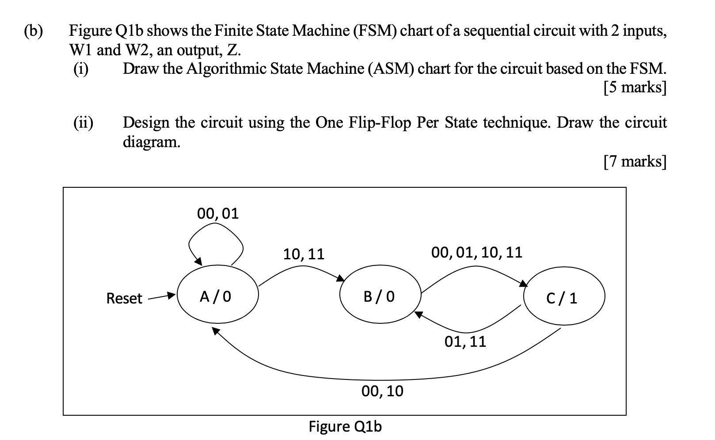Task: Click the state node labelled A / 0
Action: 217,296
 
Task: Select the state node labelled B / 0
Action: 380,296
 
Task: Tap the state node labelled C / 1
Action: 563,299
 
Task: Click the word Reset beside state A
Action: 124,299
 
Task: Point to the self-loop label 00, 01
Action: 218,214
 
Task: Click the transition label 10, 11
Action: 304,254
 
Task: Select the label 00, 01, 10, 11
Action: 476,253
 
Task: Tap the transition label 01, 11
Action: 465,341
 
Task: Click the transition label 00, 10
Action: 382,391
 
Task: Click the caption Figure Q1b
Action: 345,427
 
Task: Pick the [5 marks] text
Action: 634,87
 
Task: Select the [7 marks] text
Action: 634,162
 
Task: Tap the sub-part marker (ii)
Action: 83,122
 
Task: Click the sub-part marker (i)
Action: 81,68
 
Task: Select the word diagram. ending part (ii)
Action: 152,142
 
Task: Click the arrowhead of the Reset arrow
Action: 171,296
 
